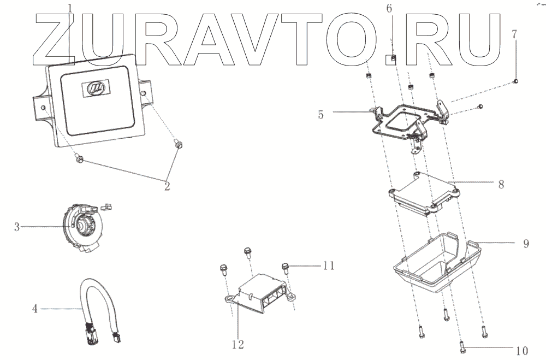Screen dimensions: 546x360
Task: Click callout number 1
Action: (x=70, y=8)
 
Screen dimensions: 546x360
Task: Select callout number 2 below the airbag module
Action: (x=167, y=186)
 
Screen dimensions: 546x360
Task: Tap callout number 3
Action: (x=17, y=226)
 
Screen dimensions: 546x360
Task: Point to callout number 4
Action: (x=34, y=309)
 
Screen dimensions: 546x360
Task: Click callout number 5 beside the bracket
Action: (x=321, y=114)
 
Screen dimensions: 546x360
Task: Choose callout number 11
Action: (x=328, y=265)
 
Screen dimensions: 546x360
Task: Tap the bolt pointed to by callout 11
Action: (x=285, y=267)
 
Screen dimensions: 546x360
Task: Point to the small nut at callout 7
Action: (x=515, y=81)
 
